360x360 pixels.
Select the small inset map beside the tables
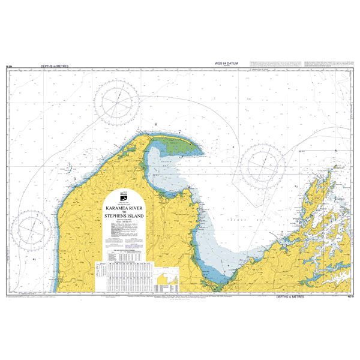point(168,278)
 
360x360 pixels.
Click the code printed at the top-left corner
point(8,67)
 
